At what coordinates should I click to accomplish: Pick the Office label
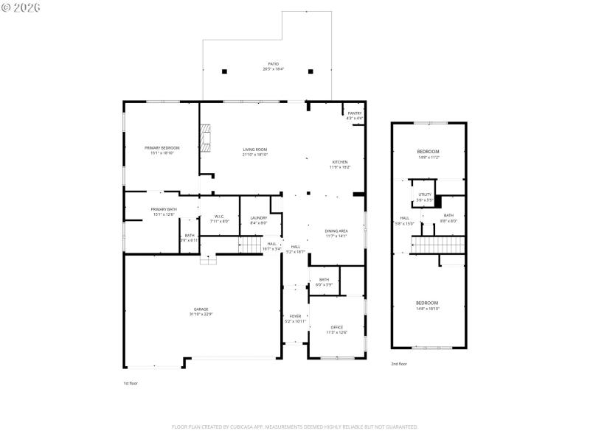[x=336, y=329]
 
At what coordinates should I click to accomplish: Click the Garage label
[x=201, y=311]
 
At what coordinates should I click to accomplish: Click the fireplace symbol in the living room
[x=206, y=138]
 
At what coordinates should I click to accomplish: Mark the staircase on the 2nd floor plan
[x=439, y=245]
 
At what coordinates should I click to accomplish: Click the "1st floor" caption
[x=131, y=384]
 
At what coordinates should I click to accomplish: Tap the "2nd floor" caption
[x=398, y=364]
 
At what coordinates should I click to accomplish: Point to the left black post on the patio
[x=225, y=71]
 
